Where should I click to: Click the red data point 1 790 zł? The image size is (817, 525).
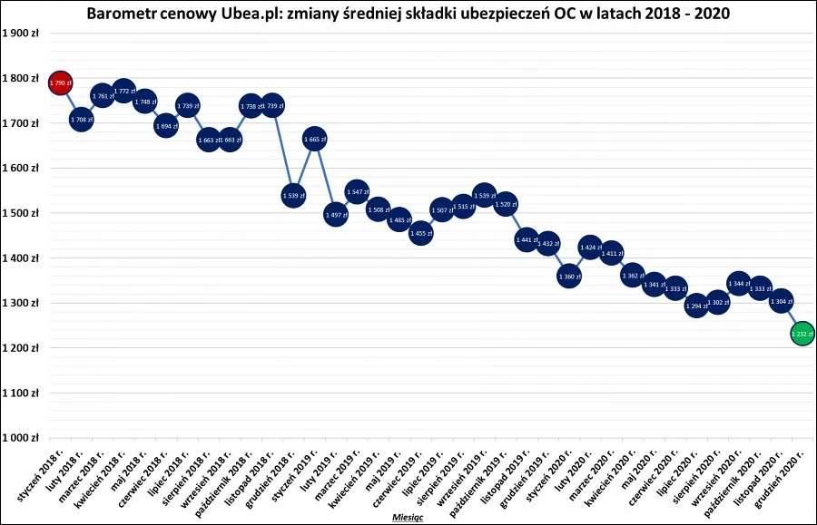coord(60,83)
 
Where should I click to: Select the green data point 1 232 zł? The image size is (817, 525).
coord(802,335)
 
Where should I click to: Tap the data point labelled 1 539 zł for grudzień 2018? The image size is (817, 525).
coord(292,195)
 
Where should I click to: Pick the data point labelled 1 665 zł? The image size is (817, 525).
coord(314,139)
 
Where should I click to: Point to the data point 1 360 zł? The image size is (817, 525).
coord(569,277)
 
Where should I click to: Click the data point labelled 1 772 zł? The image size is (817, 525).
coord(123,91)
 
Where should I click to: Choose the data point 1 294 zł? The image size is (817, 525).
coord(695,306)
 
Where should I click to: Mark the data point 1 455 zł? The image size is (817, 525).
coord(420,234)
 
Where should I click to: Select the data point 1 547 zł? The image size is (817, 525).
coord(357,192)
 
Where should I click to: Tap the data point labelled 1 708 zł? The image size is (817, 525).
coord(82,119)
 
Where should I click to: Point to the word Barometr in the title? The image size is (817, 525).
coord(120,14)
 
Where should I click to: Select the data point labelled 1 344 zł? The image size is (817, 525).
coord(738,284)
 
